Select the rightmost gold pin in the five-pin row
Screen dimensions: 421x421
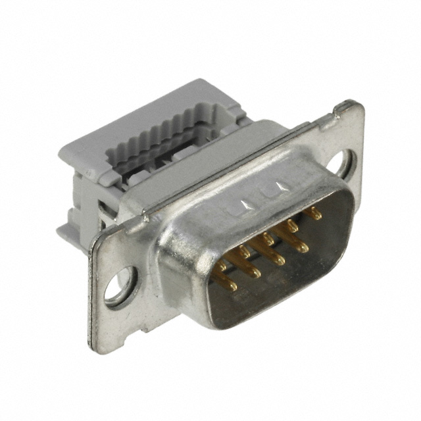click(x=315, y=213)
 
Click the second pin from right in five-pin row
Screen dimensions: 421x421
click(x=291, y=226)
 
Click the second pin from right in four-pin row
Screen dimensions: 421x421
click(x=279, y=260)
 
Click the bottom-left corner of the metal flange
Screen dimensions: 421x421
click(x=93, y=343)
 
